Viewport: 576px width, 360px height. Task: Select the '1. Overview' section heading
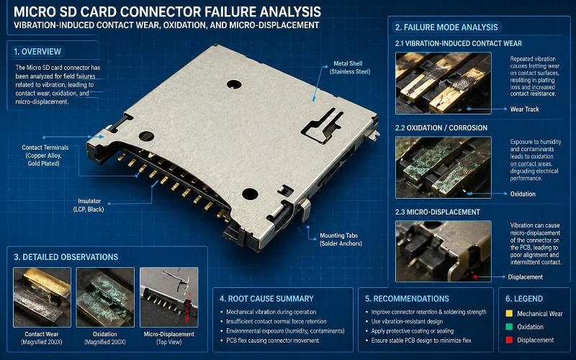(x=38, y=51)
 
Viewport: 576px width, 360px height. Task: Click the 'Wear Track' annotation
(x=524, y=109)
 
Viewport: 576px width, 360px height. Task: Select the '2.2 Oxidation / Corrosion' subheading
(x=441, y=127)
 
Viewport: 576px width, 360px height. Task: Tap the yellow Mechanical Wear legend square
(x=510, y=314)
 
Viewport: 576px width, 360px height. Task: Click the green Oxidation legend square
(x=510, y=328)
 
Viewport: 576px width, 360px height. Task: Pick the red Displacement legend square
(x=510, y=341)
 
